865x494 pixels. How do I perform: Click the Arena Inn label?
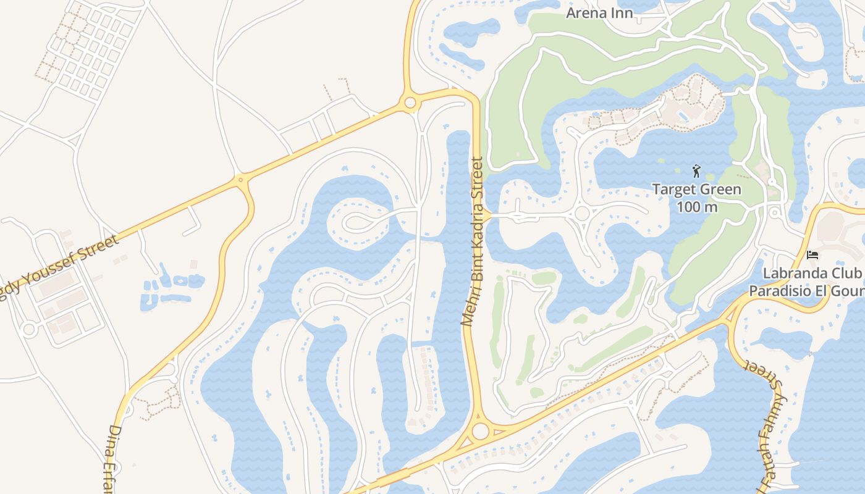(600, 13)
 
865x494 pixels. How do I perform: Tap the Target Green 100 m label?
(697, 198)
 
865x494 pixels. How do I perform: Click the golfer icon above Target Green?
(697, 170)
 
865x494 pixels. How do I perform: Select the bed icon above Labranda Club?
(812, 254)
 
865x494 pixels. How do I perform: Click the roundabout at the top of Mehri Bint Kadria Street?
(410, 103)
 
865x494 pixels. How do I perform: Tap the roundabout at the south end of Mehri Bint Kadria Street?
(480, 430)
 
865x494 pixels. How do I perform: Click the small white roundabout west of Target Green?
(582, 214)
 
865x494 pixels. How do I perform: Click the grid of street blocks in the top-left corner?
(90, 49)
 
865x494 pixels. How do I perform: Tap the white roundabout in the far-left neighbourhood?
(28, 329)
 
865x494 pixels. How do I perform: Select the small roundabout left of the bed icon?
(775, 213)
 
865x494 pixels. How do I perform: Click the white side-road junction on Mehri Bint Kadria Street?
(488, 216)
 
